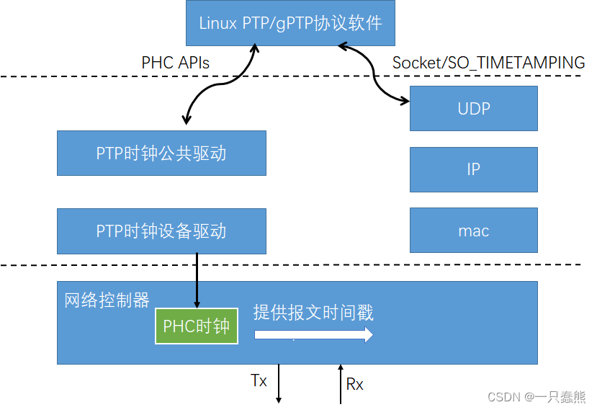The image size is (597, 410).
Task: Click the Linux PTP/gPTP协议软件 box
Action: (290, 22)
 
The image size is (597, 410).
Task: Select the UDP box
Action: (473, 109)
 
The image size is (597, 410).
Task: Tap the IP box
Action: (473, 169)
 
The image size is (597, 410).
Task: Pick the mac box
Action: (473, 231)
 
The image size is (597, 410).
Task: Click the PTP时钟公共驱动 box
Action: (161, 153)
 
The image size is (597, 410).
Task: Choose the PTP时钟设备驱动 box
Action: (161, 231)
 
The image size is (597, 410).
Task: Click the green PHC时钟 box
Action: (197, 326)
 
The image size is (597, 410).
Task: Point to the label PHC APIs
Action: (175, 63)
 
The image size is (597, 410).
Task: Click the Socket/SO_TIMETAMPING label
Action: (488, 63)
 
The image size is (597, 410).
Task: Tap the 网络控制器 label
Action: (107, 300)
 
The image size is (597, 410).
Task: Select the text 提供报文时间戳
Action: (313, 312)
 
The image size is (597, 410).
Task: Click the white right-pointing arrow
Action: (313, 335)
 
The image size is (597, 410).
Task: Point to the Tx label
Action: (259, 380)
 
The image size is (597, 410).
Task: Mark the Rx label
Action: (354, 384)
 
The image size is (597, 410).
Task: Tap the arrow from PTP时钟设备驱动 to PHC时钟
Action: (196, 280)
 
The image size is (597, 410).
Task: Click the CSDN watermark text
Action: (537, 397)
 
